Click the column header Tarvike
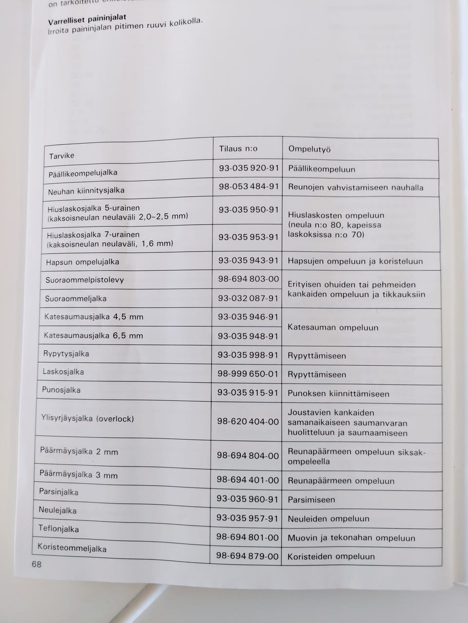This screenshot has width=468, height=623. tap(61, 156)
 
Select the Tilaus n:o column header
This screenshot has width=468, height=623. tap(238, 149)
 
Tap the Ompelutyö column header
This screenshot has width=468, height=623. tap(309, 149)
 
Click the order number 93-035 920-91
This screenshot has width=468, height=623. tap(249, 168)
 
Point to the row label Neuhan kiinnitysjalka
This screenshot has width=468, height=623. tap(86, 191)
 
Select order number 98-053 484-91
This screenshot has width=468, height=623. tap(249, 187)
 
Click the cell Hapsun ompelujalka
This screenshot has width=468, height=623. tap(82, 262)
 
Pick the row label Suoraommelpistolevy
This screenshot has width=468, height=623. tap(84, 280)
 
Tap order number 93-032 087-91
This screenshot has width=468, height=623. tap(248, 298)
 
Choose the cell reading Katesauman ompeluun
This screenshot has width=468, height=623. tap(332, 327)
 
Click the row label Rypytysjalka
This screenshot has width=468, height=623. tap(66, 354)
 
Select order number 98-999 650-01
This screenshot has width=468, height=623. tap(248, 374)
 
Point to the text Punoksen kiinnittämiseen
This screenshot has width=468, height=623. tap(338, 394)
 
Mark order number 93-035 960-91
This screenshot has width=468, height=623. tap(247, 499)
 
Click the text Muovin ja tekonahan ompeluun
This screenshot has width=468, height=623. tap(351, 538)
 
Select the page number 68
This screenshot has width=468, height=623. tap(37, 565)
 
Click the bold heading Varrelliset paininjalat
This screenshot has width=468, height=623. tap(87, 20)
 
